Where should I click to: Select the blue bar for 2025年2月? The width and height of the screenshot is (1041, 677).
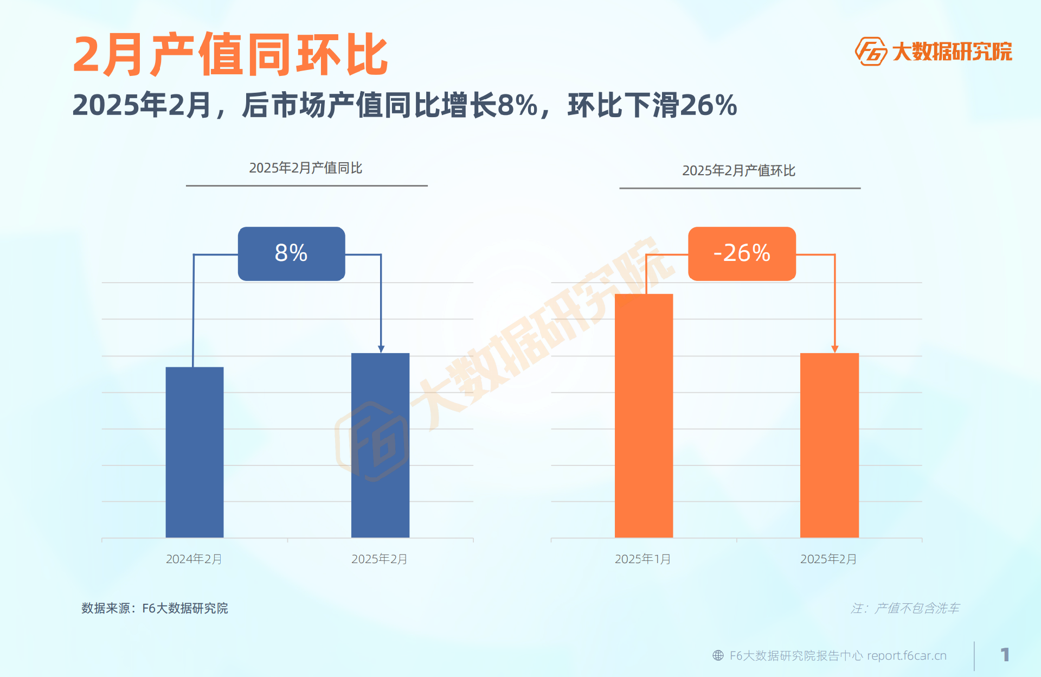coord(380,445)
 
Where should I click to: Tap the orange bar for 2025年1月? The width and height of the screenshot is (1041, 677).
coord(644,416)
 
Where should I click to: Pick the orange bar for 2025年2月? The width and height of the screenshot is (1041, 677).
coord(829,445)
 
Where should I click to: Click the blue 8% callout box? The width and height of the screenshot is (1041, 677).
coord(291,253)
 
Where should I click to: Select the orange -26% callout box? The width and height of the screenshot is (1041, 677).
coord(742,253)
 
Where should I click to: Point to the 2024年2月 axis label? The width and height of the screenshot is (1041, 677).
coord(194,559)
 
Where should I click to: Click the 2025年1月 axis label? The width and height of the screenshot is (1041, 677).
coord(642,559)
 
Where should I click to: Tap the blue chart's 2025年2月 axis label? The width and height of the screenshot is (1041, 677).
coord(379,559)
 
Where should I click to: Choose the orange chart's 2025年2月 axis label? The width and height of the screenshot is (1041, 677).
coord(828,559)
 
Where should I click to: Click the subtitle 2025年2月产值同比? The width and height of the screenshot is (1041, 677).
coord(305,168)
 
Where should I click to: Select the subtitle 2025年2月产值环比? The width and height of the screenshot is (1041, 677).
coord(738,171)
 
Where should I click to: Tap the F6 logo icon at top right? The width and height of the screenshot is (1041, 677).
coord(870,52)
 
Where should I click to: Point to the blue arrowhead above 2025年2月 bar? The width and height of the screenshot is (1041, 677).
coord(381,349)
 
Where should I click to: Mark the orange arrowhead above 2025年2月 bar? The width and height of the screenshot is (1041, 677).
coord(834,349)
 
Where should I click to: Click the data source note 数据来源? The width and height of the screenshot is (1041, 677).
coord(155,608)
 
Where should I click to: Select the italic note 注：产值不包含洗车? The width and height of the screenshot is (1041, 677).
coord(904,608)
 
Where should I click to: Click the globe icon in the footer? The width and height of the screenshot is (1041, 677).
coord(718,655)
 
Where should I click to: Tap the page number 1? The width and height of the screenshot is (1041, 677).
coord(1005,655)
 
